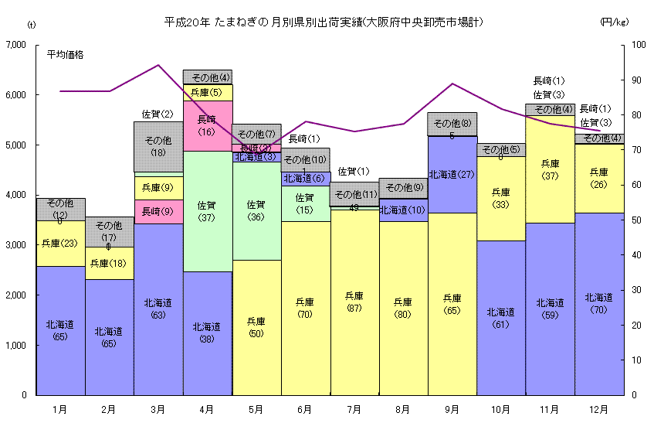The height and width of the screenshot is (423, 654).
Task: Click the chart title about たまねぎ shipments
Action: click(324, 22)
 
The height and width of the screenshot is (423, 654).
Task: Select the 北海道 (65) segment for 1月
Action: click(60, 331)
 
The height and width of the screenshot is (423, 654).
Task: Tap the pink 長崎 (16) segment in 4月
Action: click(207, 125)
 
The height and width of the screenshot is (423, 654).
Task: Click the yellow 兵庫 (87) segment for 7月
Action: click(354, 302)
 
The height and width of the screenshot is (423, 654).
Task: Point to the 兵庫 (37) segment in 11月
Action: click(550, 169)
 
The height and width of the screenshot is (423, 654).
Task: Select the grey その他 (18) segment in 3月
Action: click(158, 146)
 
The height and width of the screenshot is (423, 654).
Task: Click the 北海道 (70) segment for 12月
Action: click(599, 304)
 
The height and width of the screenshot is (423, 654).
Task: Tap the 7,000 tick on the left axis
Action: click(15, 45)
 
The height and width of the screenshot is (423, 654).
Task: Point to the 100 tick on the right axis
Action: click(639, 45)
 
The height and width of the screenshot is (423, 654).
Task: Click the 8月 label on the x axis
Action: click(403, 409)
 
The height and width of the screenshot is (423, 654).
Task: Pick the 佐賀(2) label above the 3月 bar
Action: click(158, 114)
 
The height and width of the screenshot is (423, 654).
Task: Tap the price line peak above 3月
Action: click(158, 65)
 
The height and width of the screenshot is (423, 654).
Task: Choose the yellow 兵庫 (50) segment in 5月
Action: click(256, 327)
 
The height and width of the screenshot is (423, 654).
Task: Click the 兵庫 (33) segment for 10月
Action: click(501, 198)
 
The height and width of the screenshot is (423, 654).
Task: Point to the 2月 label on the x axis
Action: click(110, 409)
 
